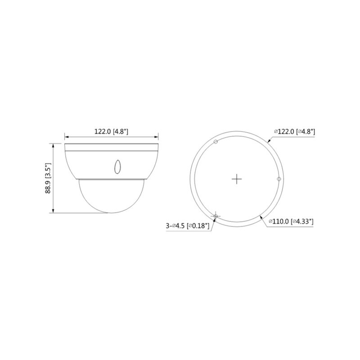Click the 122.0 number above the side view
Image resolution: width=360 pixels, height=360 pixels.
[102, 132]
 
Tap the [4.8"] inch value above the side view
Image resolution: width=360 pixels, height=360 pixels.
[121, 132]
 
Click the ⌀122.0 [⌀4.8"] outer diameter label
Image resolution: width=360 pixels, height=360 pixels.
[294, 131]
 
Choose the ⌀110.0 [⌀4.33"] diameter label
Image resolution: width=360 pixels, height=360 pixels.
[291, 221]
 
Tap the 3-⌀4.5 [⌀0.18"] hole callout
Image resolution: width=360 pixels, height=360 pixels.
[188, 226]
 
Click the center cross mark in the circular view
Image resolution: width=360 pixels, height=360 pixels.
[237, 179]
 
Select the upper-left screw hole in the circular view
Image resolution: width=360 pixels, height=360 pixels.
[216, 142]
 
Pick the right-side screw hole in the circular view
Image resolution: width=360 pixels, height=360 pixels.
[279, 180]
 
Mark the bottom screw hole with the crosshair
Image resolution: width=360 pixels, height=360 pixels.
[216, 216]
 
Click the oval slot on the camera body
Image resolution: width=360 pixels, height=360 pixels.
[117, 166]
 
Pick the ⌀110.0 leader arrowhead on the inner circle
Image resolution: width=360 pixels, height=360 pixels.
[262, 216]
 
